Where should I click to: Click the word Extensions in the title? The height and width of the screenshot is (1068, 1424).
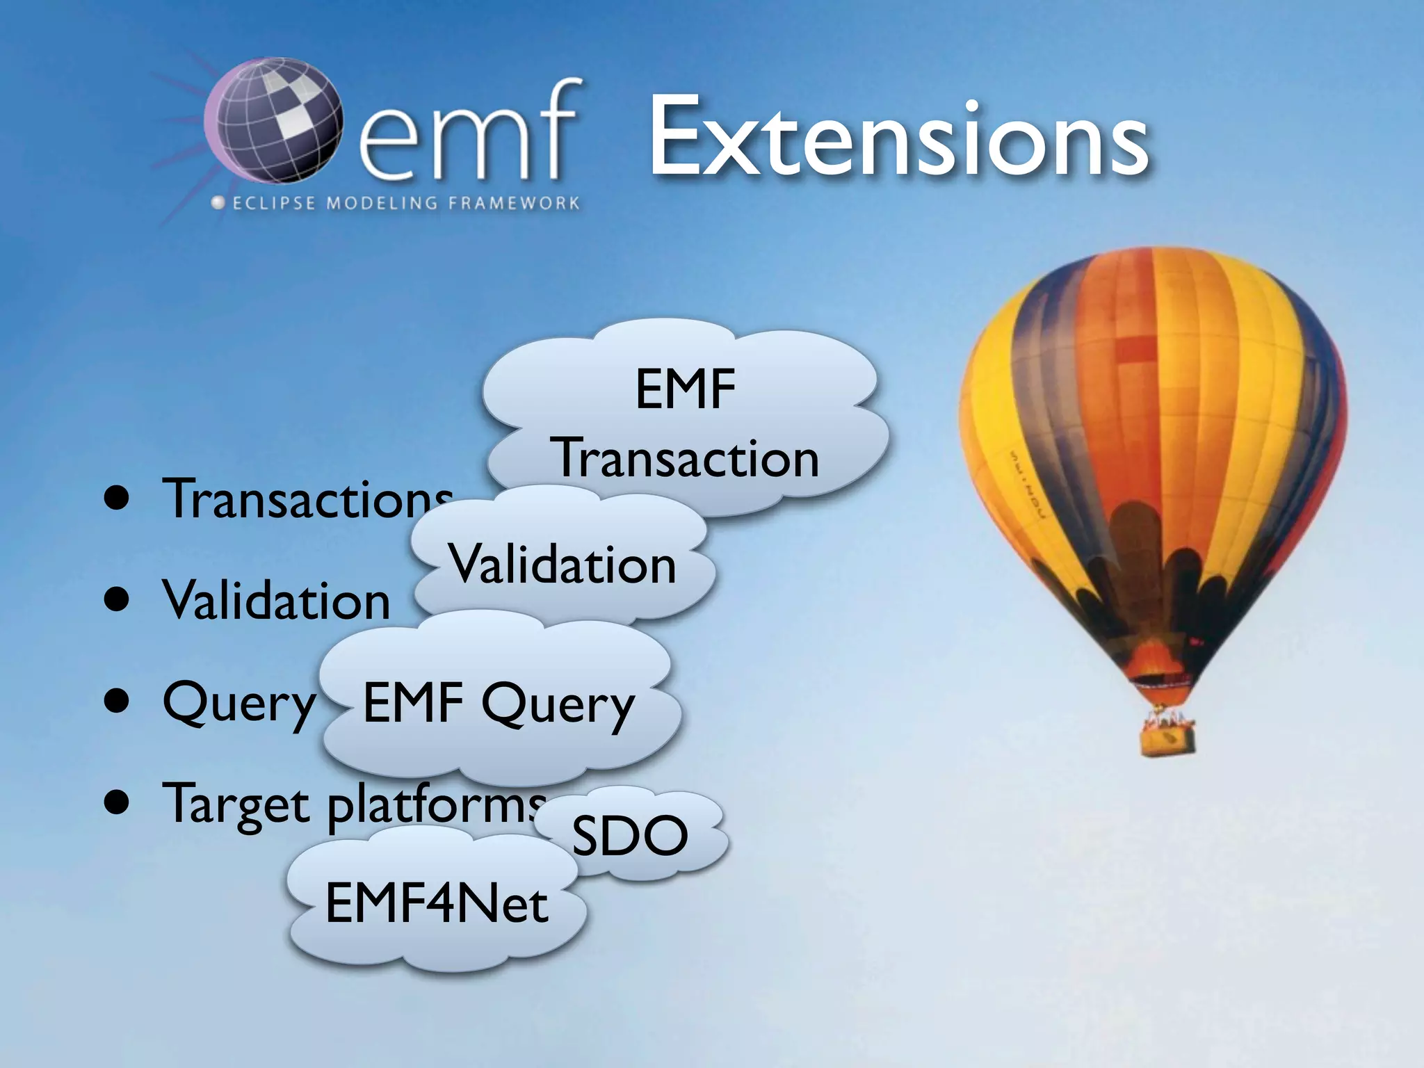tap(897, 139)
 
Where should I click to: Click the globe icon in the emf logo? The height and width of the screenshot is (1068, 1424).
tap(275, 122)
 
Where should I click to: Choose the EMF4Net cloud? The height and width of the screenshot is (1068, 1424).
tap(437, 904)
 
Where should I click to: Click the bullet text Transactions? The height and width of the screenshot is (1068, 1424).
tap(306, 499)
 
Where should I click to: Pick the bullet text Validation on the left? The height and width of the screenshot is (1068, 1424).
tap(276, 600)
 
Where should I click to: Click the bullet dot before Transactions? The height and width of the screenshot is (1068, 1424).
tap(117, 499)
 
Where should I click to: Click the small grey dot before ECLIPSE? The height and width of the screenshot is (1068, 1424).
tap(218, 203)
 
